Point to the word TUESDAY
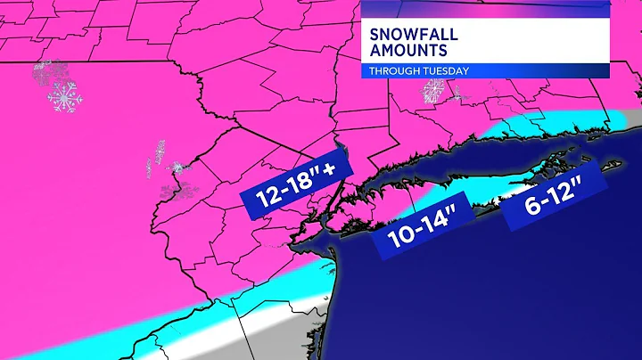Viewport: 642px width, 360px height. (x=449, y=71)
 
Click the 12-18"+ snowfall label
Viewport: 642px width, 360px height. (x=297, y=185)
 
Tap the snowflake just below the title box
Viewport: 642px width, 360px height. (x=434, y=90)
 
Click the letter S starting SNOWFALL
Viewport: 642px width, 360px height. (x=377, y=35)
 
